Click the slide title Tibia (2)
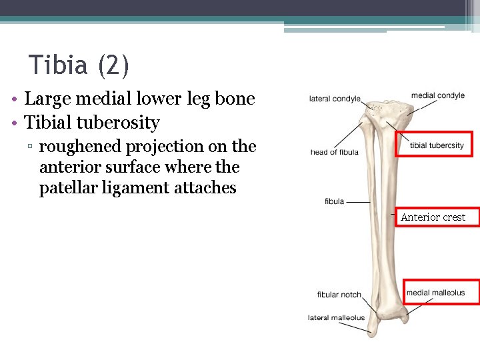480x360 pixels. (79, 65)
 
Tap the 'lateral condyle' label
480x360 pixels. (335, 99)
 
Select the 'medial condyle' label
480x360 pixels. (437, 95)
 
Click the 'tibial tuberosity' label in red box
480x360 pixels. (437, 145)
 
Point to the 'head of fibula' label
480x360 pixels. (334, 152)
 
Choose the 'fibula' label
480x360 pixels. (334, 201)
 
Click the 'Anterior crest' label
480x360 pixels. (433, 217)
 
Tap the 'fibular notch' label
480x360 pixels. (339, 295)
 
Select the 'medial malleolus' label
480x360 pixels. (435, 293)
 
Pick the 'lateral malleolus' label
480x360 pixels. (336, 318)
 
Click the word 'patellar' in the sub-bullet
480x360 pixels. (69, 188)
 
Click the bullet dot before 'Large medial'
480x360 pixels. (14, 100)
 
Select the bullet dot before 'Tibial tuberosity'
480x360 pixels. (14, 124)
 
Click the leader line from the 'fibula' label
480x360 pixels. (359, 201)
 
